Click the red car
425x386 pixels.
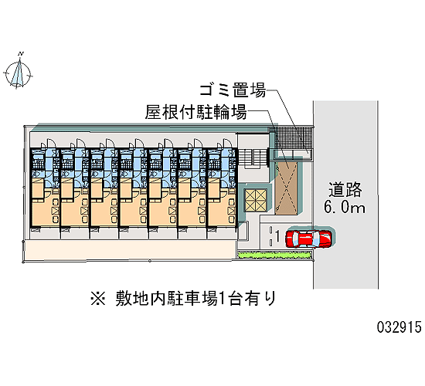(308, 239)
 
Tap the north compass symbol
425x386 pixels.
(18, 73)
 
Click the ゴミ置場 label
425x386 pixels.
(233, 90)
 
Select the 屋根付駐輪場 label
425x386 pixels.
(195, 112)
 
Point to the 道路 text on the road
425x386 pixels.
(345, 189)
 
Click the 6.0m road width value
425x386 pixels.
(345, 207)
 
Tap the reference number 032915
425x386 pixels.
(399, 327)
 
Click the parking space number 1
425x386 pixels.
(277, 236)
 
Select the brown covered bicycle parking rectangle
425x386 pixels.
(286, 188)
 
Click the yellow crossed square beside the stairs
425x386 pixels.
(255, 200)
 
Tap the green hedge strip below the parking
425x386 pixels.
(274, 255)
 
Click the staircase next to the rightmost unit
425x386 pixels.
(253, 158)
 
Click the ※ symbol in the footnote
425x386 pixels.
(98, 299)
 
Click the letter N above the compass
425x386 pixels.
(21, 53)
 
